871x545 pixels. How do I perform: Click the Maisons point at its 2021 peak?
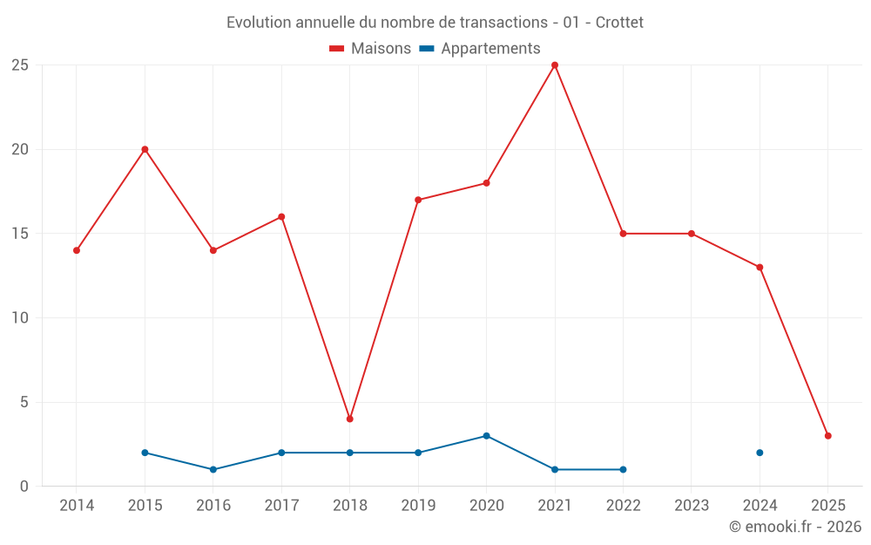point(555,65)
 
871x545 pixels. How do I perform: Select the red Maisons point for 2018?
point(350,419)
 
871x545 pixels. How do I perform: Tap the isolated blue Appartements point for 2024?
point(760,453)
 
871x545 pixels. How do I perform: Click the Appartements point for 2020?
point(486,436)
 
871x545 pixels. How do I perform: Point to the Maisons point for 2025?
point(827,436)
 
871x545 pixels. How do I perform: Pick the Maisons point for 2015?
point(145,149)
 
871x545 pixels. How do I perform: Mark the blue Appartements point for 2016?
point(213,469)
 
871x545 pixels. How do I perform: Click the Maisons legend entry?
point(370,49)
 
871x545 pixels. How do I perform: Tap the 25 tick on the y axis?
point(20,65)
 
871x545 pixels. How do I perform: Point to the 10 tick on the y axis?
point(20,318)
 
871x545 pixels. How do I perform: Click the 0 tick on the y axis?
point(24,487)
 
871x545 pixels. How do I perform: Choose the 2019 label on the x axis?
point(418,506)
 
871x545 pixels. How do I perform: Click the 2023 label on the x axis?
point(692,506)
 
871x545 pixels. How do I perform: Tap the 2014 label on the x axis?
point(77,506)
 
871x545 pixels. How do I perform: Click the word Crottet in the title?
point(619,23)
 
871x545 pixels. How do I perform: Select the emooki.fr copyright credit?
point(795,527)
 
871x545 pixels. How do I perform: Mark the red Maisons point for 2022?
point(623,234)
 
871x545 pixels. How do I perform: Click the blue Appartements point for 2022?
point(623,469)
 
